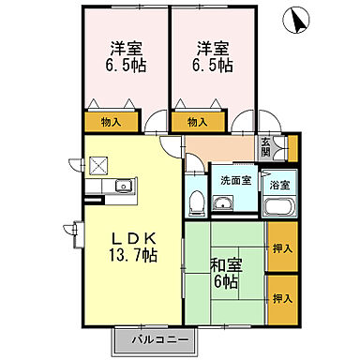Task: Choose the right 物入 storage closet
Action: click(197, 121)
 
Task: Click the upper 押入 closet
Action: click(281, 249)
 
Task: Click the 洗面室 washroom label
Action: click(236, 179)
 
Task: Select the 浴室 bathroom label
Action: click(279, 186)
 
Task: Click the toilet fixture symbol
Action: click(197, 202)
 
